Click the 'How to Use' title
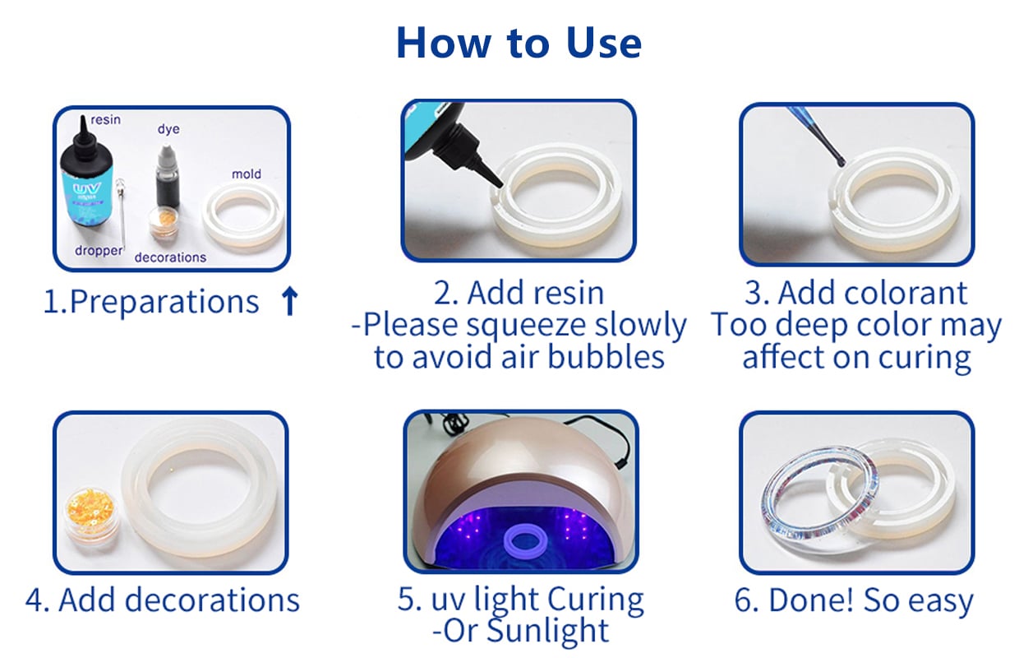click(x=519, y=43)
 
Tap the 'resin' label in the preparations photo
click(x=105, y=120)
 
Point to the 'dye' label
click(x=168, y=129)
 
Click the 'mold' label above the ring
click(x=246, y=174)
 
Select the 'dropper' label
click(x=99, y=251)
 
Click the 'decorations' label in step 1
click(x=170, y=257)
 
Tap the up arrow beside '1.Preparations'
click(x=289, y=301)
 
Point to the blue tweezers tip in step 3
click(x=840, y=160)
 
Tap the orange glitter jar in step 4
click(x=93, y=515)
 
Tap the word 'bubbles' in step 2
click(x=606, y=356)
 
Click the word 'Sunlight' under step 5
click(x=547, y=631)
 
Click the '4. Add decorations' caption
click(x=163, y=600)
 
